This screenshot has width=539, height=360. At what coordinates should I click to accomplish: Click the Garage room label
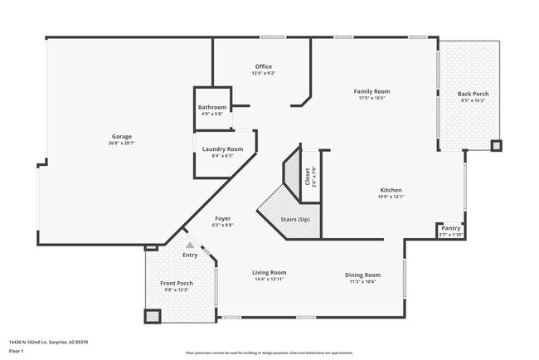[x=122, y=136]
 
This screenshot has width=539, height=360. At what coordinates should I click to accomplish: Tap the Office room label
[x=263, y=66]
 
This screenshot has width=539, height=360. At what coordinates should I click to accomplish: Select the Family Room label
[x=371, y=91]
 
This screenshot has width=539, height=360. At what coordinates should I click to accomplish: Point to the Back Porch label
[x=473, y=94]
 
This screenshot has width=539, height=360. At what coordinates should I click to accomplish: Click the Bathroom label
[x=211, y=108]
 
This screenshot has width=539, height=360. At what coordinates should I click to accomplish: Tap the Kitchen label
[x=391, y=190]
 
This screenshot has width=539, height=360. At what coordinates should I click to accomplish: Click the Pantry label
[x=451, y=228]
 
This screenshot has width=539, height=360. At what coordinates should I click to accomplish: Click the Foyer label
[x=222, y=218]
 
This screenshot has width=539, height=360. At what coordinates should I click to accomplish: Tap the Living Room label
[x=269, y=272]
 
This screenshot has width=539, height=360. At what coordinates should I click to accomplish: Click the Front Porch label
[x=176, y=283]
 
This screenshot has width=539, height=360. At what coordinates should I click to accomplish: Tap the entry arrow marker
[x=190, y=246]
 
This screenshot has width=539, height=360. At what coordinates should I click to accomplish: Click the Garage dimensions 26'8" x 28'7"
[x=122, y=144]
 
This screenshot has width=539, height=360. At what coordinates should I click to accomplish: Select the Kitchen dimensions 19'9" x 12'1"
[x=391, y=197]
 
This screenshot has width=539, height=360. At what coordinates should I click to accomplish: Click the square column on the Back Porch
[x=496, y=146]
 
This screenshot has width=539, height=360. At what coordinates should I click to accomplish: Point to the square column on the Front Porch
[x=152, y=316]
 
